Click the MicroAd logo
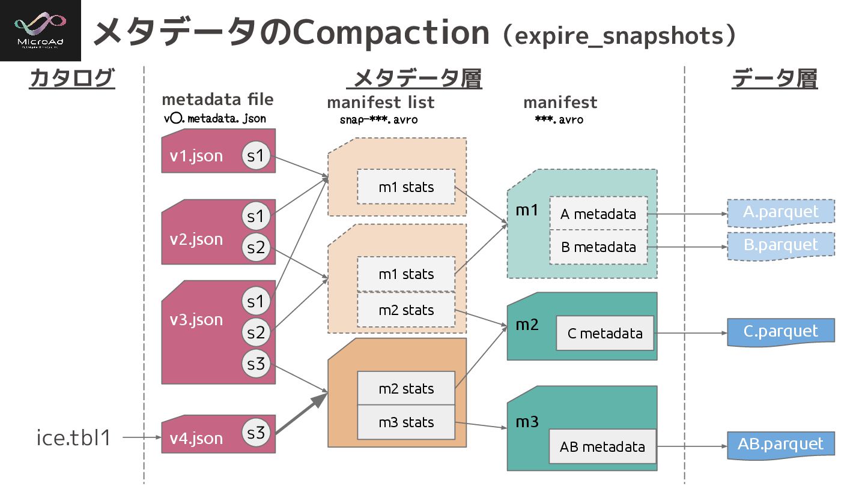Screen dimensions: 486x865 click(40, 30)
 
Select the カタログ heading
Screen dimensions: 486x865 click(71, 79)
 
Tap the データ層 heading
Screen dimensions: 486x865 click(774, 79)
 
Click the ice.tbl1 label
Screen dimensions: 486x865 click(74, 438)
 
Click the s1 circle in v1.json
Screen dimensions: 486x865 click(256, 156)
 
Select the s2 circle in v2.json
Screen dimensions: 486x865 click(256, 247)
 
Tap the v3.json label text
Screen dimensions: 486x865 click(196, 319)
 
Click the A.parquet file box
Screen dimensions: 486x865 click(780, 212)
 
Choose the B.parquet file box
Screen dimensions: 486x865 click(780, 245)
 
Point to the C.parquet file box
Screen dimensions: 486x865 click(780, 332)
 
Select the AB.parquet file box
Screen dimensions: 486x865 click(780, 445)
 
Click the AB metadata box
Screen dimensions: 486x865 click(602, 446)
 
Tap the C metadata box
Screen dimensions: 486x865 click(604, 333)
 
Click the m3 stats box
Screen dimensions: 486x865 click(405, 422)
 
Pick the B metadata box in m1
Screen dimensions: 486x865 click(598, 247)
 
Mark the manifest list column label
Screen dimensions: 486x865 click(380, 103)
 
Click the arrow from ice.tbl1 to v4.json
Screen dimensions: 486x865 click(142, 438)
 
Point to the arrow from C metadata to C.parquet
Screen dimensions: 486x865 click(691, 333)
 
